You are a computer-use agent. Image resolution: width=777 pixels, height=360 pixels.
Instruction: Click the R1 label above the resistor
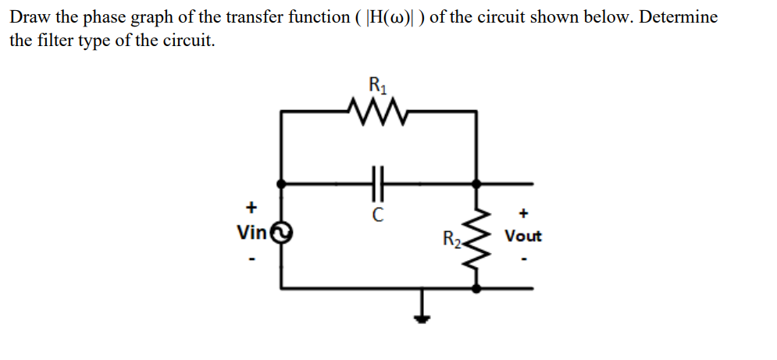tap(377, 83)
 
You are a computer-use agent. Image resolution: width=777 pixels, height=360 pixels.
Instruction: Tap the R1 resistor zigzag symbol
tap(378, 112)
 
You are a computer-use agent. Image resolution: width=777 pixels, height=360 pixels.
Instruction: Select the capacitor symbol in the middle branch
tap(379, 184)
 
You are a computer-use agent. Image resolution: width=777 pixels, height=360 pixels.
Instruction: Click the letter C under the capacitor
tap(378, 212)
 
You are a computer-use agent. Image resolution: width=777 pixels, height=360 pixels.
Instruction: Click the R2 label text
tap(451, 238)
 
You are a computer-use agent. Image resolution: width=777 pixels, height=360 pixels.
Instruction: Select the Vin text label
tap(251, 232)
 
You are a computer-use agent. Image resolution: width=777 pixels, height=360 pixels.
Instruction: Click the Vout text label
tap(523, 236)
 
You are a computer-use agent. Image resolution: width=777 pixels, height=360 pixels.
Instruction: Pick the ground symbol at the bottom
tap(422, 311)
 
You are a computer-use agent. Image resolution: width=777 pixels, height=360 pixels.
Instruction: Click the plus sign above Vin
tap(251, 209)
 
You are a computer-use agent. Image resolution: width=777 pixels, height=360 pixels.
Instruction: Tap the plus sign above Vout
tap(524, 212)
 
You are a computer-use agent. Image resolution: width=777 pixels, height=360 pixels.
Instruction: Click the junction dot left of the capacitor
tap(281, 184)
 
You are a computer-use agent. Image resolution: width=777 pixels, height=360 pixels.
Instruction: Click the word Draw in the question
tap(30, 17)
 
